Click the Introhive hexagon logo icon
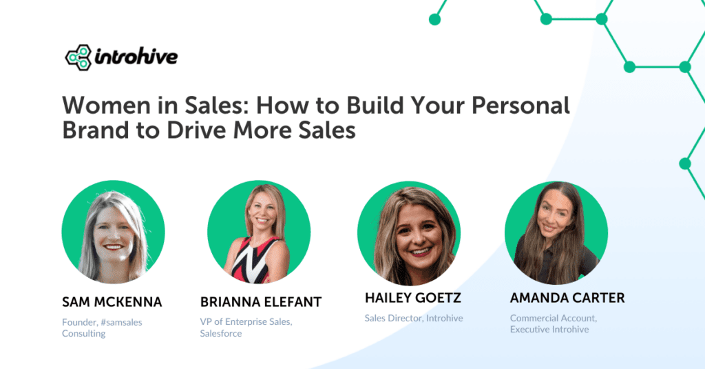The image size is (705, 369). coord(78,57)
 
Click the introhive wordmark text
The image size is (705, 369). coord(135,56)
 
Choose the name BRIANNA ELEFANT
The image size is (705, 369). coord(261,302)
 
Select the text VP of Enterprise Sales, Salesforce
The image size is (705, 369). coord(246,328)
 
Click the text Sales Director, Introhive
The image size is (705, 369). coord(414,318)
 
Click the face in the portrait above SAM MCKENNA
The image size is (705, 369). coord(112,231)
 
